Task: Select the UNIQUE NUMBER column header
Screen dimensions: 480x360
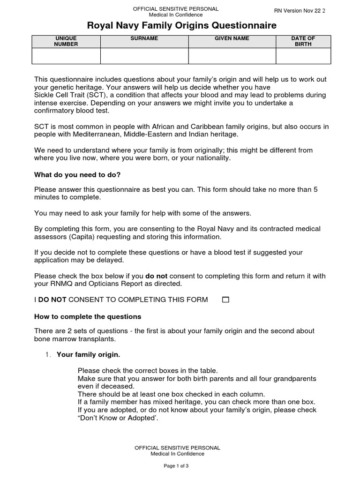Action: [x=66, y=41]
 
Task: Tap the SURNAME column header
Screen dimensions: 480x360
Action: [x=144, y=38]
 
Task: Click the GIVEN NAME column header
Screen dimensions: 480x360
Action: [x=232, y=38]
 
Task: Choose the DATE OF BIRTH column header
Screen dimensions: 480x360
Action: [x=303, y=41]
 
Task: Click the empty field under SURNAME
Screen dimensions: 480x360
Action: [x=144, y=56]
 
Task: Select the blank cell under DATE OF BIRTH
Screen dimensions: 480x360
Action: [x=303, y=56]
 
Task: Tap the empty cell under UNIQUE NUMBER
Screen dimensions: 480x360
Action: [x=66, y=56]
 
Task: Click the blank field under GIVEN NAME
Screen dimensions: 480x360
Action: [x=232, y=56]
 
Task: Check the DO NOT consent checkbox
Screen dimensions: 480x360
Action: [x=225, y=300]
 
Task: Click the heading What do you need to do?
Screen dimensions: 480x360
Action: [x=77, y=175]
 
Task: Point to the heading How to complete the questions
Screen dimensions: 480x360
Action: [x=88, y=316]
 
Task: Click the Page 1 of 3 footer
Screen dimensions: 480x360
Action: [x=176, y=466]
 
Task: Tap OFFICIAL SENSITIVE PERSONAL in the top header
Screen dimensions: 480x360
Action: [x=176, y=9]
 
